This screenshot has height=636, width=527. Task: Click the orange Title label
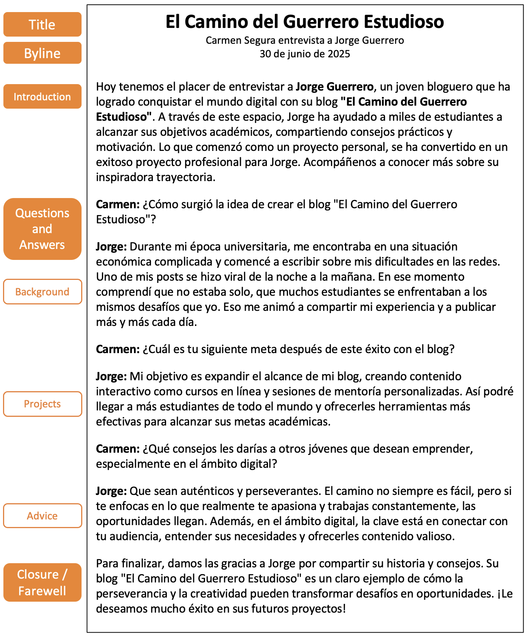[x=42, y=25]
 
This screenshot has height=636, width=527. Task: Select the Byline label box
[x=42, y=53]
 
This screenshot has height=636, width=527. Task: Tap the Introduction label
[x=42, y=97]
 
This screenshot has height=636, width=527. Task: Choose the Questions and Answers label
[x=42, y=229]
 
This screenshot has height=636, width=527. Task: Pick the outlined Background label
[x=42, y=292]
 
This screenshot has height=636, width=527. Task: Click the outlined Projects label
[x=42, y=404]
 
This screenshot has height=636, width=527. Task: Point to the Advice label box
[x=42, y=516]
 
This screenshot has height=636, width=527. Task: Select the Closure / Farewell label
[x=42, y=582]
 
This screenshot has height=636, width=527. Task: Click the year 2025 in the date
[x=339, y=54]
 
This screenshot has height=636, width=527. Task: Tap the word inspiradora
[x=125, y=177]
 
